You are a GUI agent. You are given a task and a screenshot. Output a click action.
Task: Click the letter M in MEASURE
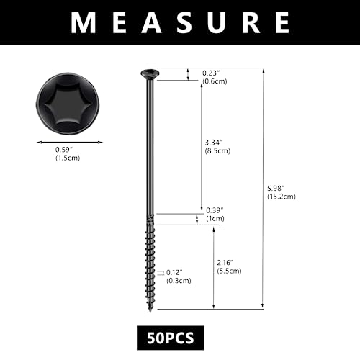tap(84, 22)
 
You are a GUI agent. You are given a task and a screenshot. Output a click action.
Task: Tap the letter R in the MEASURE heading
tap(251, 22)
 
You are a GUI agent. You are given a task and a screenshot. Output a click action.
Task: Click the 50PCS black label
tap(171, 338)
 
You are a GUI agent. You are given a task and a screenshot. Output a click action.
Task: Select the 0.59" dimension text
tap(64, 150)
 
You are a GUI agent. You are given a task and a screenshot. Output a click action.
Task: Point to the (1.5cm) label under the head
tap(68, 158)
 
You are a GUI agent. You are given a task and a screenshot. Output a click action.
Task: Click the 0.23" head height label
tap(211, 73)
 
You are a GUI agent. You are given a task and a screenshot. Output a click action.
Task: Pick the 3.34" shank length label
tap(214, 143)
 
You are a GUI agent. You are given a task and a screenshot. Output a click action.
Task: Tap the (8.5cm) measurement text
tap(217, 150)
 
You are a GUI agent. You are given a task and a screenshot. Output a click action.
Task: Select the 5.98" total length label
tap(276, 188)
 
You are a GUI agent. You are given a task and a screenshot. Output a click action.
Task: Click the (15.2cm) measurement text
tap(282, 197)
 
